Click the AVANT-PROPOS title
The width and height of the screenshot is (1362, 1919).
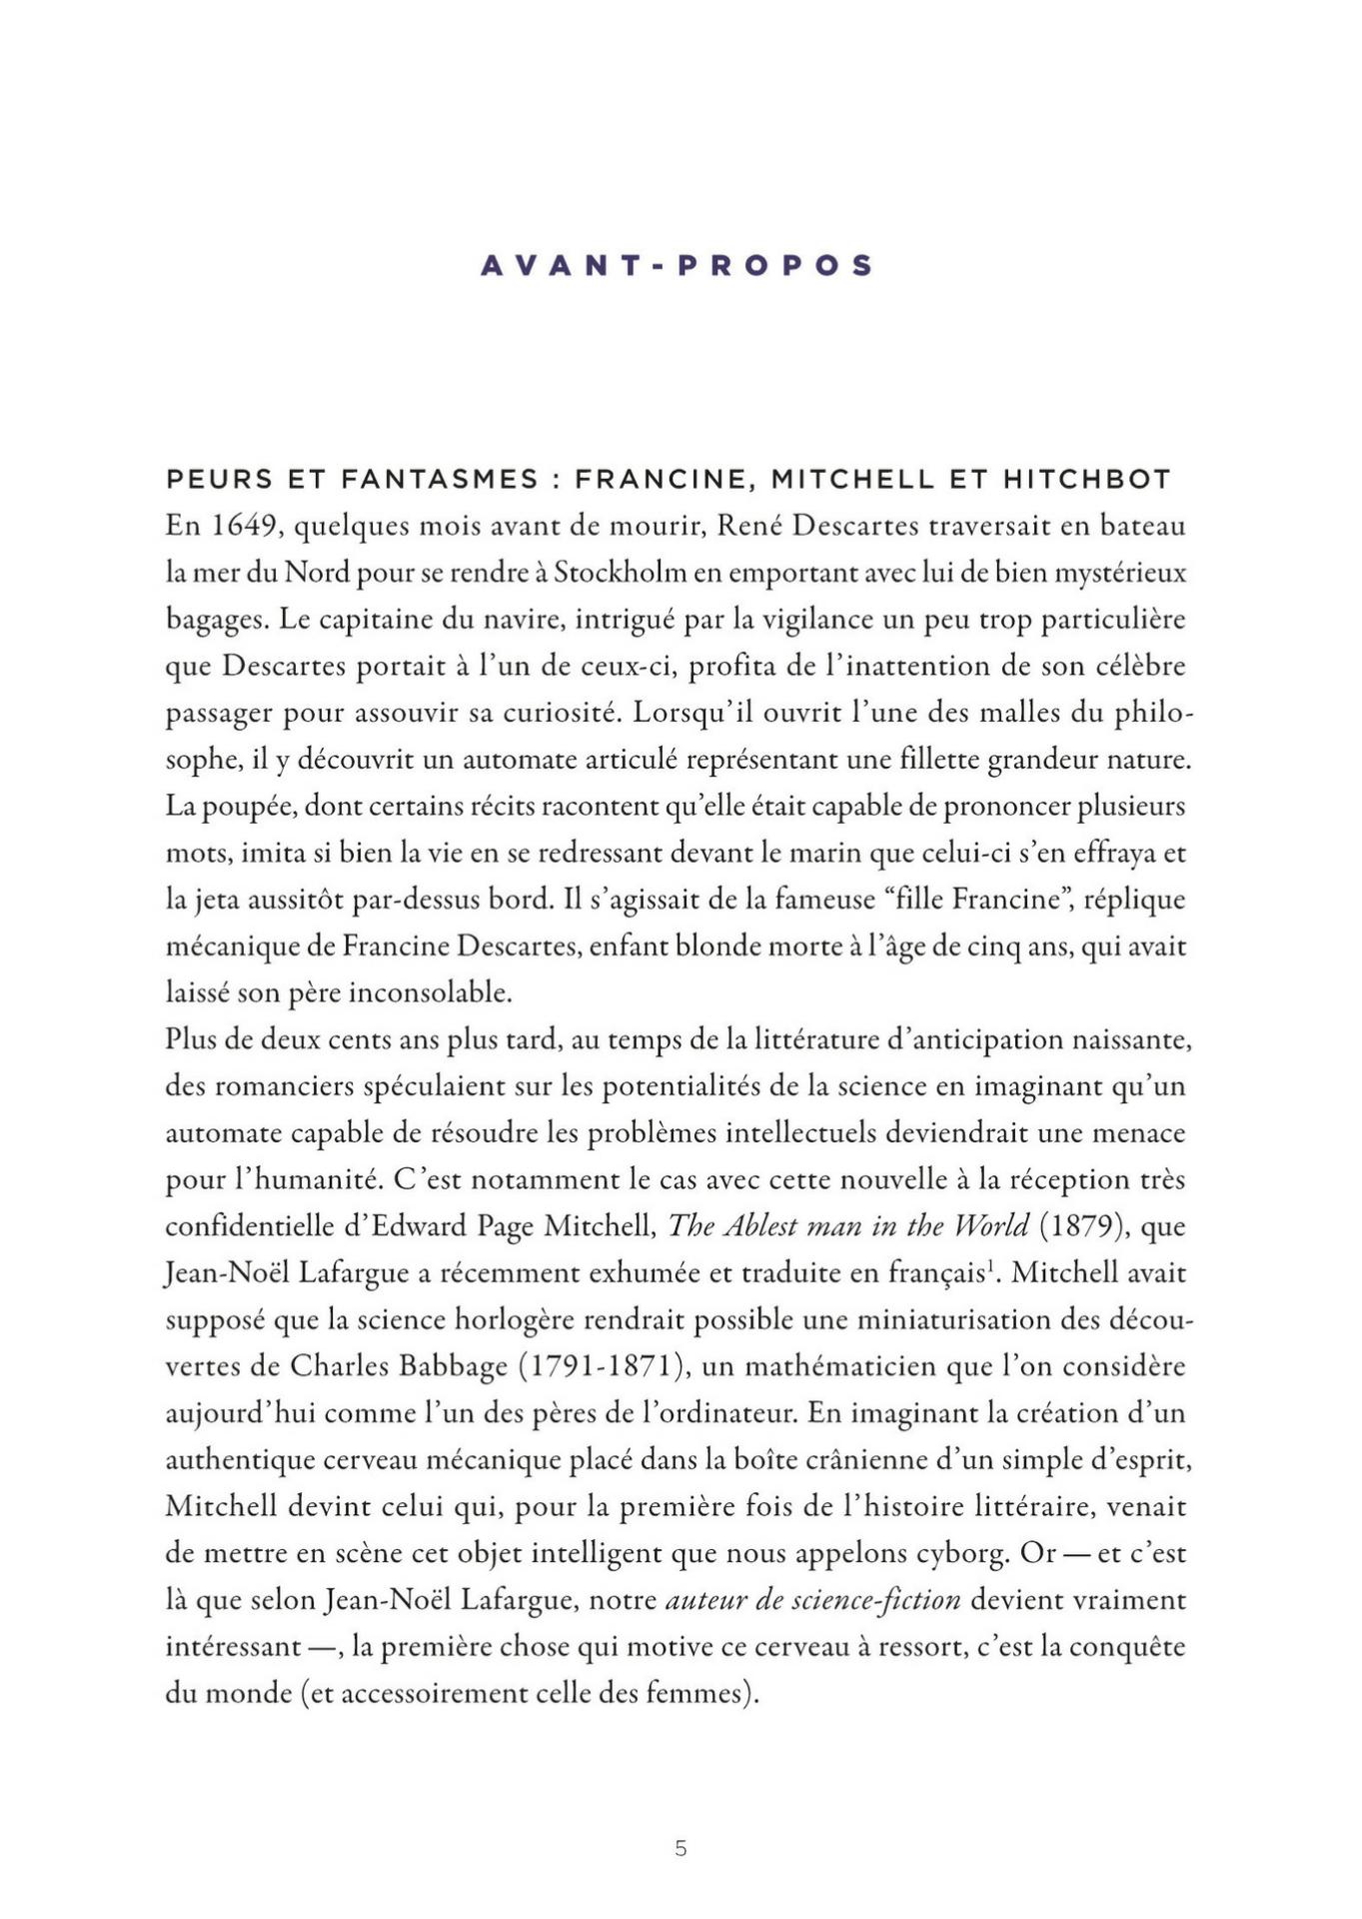pos(677,265)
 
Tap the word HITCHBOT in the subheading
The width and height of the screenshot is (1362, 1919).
pos(1086,480)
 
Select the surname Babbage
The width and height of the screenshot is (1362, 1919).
pos(454,1366)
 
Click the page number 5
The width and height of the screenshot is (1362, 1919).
pos(681,1849)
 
